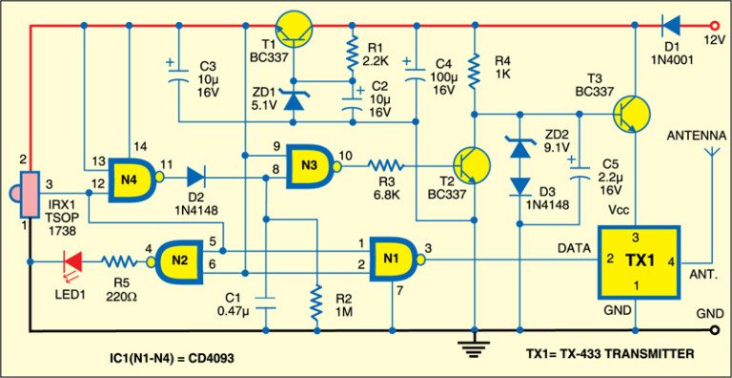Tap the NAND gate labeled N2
[x=176, y=258]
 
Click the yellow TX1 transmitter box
[x=637, y=259]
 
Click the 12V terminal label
[x=713, y=40]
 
